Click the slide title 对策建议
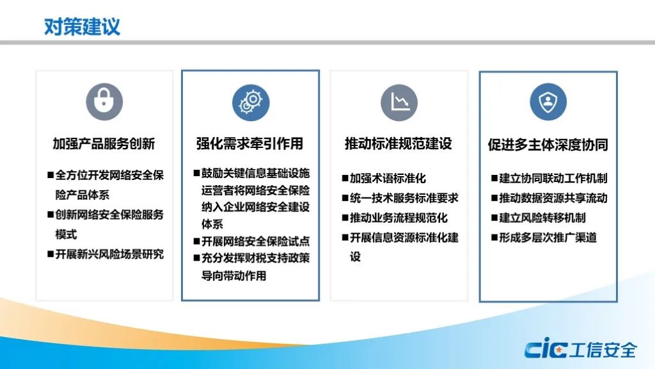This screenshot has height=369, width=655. (x=82, y=26)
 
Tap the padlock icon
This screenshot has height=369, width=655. (x=104, y=102)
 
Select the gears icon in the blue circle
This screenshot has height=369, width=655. (x=251, y=102)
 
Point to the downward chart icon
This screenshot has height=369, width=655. (x=399, y=102)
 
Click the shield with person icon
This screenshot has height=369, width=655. (x=548, y=102)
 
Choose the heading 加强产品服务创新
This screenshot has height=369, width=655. (x=104, y=143)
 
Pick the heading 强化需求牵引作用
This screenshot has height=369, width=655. (x=250, y=143)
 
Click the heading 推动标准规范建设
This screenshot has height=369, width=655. (x=398, y=143)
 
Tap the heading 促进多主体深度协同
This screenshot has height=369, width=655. (x=548, y=145)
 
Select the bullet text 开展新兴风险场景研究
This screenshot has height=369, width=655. (x=109, y=254)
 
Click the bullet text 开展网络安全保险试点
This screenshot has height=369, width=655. (x=256, y=242)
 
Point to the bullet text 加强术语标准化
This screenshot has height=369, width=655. (x=388, y=178)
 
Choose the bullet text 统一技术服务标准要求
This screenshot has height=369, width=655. (x=404, y=198)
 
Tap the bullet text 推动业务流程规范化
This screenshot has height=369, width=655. (x=399, y=218)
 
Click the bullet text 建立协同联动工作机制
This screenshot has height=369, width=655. (x=553, y=178)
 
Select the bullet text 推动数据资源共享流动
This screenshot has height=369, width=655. (x=553, y=198)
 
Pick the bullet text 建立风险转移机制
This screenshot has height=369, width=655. (x=542, y=218)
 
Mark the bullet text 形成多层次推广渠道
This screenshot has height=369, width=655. (x=548, y=237)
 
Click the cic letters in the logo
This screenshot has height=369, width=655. (x=546, y=349)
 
